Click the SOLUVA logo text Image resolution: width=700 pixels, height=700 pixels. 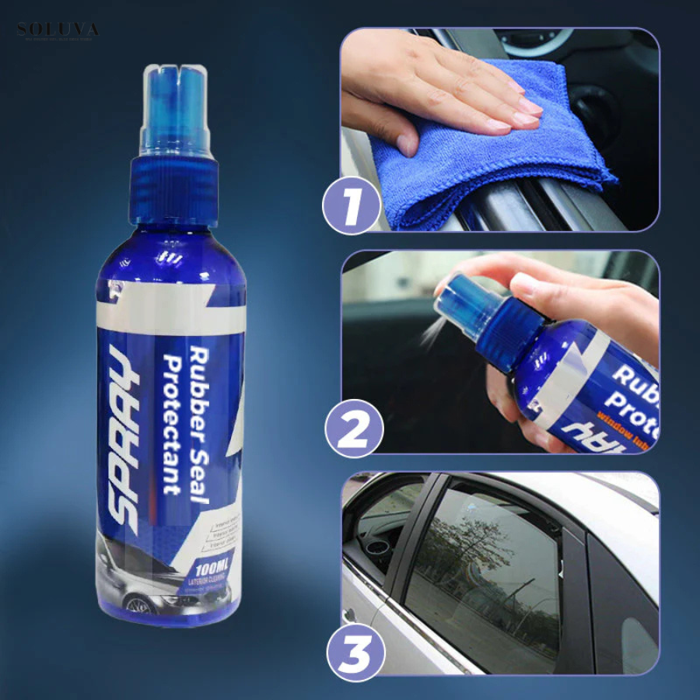click(x=58, y=30)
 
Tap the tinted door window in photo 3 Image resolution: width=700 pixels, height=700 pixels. click(x=482, y=568)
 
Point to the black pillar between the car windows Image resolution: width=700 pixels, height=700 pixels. click(x=576, y=576)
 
